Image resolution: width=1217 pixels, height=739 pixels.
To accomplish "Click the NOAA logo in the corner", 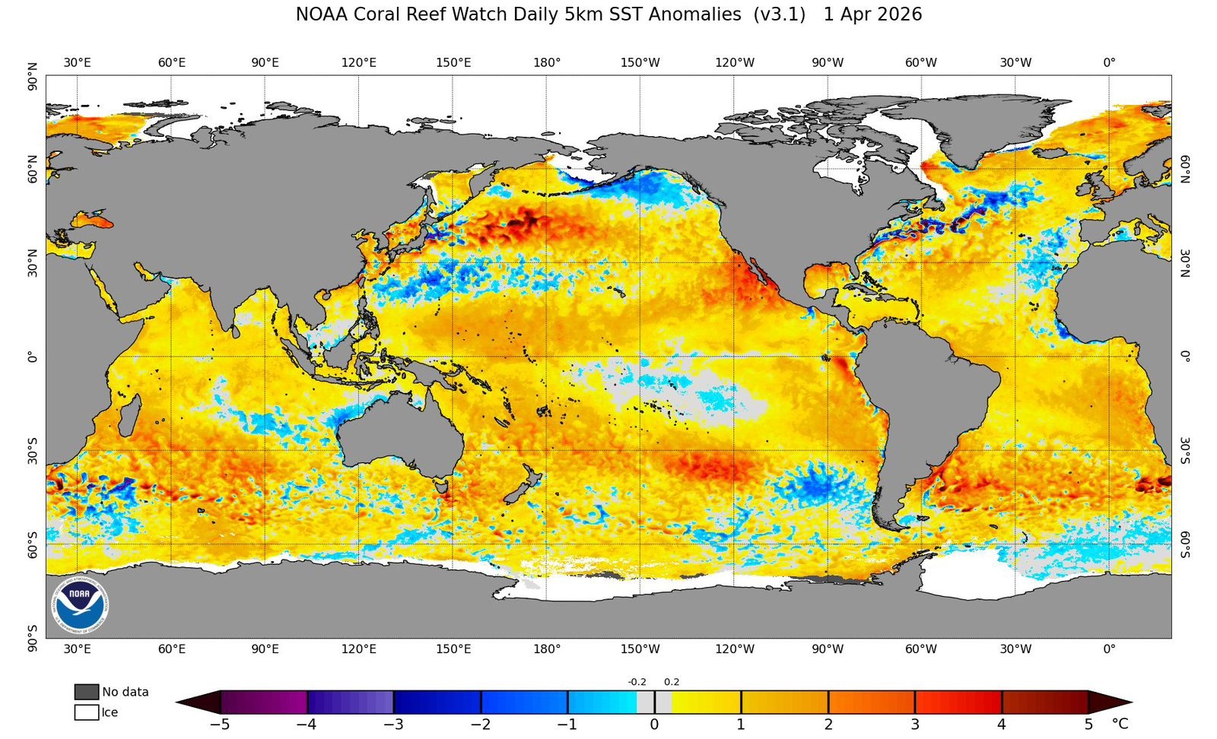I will (x=80, y=605).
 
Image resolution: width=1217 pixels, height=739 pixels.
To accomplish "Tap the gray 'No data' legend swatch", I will (x=87, y=692).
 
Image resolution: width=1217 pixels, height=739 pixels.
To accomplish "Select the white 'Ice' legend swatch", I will (x=87, y=712).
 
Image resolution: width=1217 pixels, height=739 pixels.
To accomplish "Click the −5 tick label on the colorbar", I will (x=219, y=725).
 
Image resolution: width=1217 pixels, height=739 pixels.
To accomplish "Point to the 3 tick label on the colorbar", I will (x=915, y=725).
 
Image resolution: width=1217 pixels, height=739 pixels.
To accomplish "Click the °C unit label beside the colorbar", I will (x=1120, y=724).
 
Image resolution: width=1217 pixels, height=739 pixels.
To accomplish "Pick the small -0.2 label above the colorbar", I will (x=637, y=682).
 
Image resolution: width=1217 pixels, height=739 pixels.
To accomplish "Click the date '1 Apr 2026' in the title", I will (x=872, y=14).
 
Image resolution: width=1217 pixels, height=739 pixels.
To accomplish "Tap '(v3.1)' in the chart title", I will (x=780, y=14).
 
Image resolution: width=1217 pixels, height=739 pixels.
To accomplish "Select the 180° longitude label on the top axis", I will (x=546, y=62).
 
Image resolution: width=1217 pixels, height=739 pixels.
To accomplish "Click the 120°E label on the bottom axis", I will (x=358, y=649).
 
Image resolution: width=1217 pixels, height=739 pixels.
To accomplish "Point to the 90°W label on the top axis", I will (x=827, y=62).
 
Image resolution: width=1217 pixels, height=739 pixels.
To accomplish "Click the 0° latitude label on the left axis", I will (x=32, y=357).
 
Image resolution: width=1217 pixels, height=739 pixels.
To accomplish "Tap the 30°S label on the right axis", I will (x=1185, y=450).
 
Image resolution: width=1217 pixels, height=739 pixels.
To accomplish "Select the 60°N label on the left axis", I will (x=32, y=169).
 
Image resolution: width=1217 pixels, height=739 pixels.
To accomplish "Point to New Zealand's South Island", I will (x=520, y=492).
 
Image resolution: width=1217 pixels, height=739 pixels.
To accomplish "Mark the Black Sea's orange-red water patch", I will (x=93, y=220).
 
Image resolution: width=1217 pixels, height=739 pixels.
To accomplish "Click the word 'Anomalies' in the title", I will (x=693, y=14).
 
